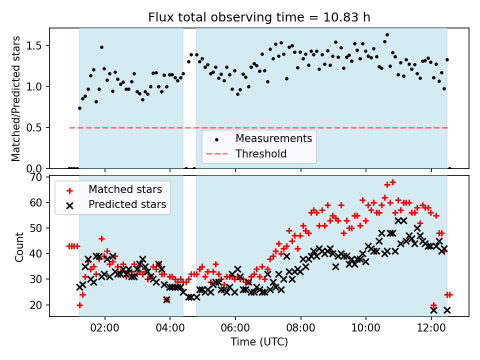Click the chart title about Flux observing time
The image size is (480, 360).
[x=259, y=17]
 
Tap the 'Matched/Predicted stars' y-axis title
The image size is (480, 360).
[x=16, y=98]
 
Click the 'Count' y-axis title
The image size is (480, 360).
[x=19, y=246]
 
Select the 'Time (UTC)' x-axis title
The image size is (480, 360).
[x=259, y=342]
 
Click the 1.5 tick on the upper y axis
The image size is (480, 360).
[x=36, y=46]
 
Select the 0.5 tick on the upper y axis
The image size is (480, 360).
[x=36, y=127]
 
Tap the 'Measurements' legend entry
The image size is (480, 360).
[x=273, y=138]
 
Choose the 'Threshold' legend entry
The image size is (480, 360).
[x=261, y=153]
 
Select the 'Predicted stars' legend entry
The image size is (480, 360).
[x=127, y=204]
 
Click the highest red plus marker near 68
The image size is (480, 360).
[x=392, y=182]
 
